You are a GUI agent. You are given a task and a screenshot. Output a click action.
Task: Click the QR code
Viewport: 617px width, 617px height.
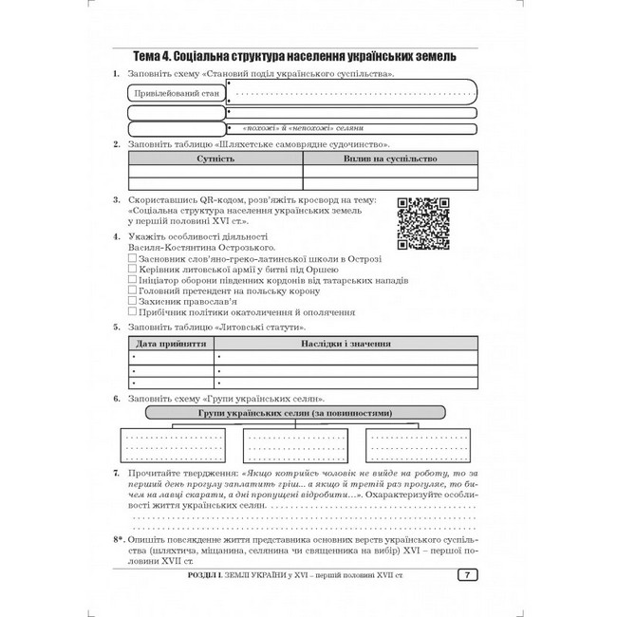(x=421, y=223)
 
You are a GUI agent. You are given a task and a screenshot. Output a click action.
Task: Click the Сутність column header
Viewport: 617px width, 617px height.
(x=215, y=160)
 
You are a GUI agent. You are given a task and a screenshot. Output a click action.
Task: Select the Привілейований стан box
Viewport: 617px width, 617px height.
(x=177, y=93)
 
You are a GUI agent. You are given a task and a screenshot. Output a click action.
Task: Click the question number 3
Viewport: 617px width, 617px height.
(x=116, y=201)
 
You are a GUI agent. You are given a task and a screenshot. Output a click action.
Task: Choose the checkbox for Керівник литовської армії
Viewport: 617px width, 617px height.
(x=131, y=270)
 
